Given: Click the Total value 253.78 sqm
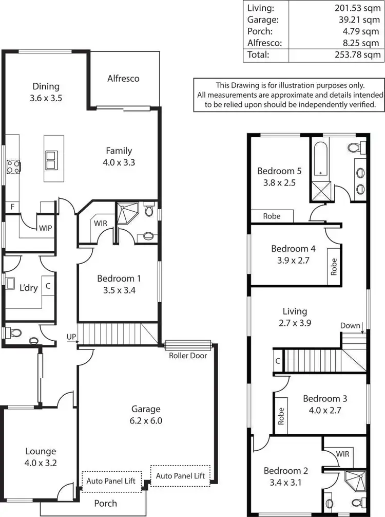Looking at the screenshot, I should pyautogui.click(x=359, y=54).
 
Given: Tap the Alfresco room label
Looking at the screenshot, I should pyautogui.click(x=123, y=79).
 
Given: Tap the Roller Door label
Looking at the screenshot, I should pyautogui.click(x=188, y=355).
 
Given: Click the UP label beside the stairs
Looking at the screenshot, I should pyautogui.click(x=71, y=337).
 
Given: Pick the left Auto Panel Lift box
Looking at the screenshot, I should pyautogui.click(x=111, y=482).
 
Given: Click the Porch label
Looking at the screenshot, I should pyautogui.click(x=105, y=503).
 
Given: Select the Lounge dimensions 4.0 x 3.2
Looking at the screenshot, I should pyautogui.click(x=41, y=463).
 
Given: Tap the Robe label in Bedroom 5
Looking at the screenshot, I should pyautogui.click(x=272, y=216).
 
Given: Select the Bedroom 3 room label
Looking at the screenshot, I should pyautogui.click(x=321, y=398).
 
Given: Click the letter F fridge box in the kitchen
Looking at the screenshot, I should pyautogui.click(x=12, y=207).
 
